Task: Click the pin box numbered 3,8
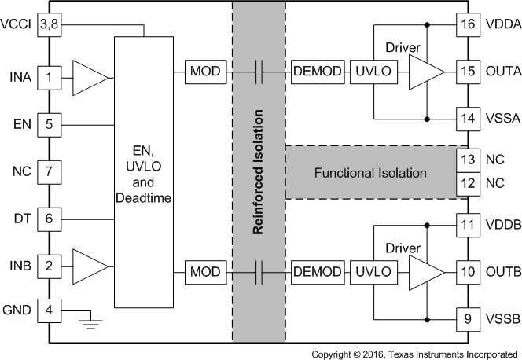coord(49,24)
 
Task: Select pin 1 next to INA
coord(49,77)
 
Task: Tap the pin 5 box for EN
coord(49,123)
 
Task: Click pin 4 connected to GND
coord(49,310)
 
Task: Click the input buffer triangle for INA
coord(89,77)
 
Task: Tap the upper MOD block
coord(205,72)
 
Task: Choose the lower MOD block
coord(205,272)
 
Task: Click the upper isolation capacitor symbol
coord(258,72)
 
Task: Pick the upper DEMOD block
coord(318,72)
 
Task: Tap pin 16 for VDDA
coord(469,24)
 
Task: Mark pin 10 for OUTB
coord(469,272)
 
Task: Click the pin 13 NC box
coord(469,160)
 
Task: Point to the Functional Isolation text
coord(369,172)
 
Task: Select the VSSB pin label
coord(504,320)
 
